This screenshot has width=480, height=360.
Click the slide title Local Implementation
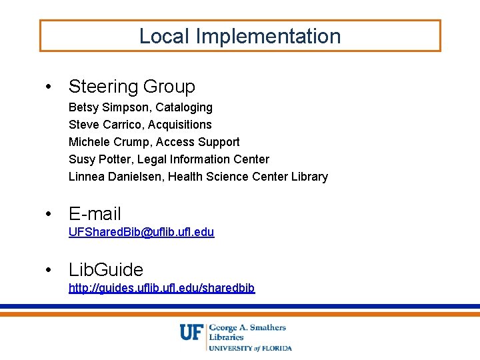tap(240, 36)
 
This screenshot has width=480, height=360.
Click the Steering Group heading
tap(132, 87)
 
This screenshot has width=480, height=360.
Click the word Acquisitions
tap(180, 125)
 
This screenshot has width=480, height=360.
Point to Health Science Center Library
tap(248, 177)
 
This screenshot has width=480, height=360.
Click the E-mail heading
tap(95, 214)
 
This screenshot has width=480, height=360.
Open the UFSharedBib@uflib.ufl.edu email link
tap(141, 232)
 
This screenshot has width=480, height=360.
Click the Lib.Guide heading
tap(106, 270)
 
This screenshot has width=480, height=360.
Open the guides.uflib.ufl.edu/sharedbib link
tap(162, 288)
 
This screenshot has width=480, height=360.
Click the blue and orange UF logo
tap(192, 332)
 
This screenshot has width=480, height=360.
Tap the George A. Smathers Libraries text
tap(247, 332)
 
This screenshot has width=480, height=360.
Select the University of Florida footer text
tap(250, 348)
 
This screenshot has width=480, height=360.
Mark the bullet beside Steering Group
tap(49, 87)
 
